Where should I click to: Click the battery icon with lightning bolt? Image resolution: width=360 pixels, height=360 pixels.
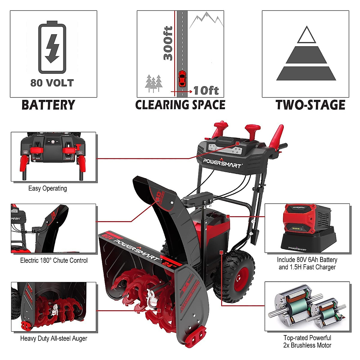point(52,47)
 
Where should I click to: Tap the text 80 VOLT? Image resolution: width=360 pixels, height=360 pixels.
point(52,83)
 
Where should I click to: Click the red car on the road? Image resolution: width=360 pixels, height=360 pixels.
point(182,79)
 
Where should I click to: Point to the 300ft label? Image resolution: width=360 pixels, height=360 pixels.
point(168,43)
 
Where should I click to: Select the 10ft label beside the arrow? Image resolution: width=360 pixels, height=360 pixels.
point(206,90)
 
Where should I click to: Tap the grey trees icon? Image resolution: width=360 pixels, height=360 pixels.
point(154,83)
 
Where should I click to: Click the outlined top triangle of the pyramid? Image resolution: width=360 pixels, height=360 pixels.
point(306,35)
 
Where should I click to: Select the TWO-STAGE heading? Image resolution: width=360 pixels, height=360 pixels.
point(310,105)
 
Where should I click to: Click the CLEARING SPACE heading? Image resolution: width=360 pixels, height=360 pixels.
point(180,105)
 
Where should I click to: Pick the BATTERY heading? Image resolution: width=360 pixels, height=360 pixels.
point(48,105)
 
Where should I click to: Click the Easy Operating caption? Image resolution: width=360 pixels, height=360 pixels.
point(47,188)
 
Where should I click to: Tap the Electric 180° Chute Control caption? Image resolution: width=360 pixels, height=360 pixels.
point(54,260)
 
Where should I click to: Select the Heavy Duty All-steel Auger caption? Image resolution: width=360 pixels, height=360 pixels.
point(54,338)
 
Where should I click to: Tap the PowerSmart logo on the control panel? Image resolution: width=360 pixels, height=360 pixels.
point(222,163)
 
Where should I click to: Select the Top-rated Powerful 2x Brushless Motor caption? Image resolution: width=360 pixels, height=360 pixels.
point(307,342)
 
